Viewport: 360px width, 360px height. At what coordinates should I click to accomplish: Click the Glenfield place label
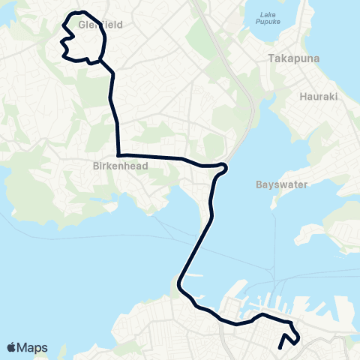[x=100, y=25]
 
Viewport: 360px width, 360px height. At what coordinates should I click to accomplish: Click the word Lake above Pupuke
[x=268, y=15]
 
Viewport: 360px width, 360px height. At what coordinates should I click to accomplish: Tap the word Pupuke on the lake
[x=268, y=23]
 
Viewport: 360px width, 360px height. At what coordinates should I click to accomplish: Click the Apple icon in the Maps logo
[x=12, y=347]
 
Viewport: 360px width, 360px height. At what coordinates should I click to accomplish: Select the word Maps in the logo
[x=33, y=348]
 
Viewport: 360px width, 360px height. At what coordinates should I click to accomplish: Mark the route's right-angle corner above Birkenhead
[x=118, y=155]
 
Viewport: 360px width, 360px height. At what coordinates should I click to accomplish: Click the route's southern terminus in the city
[x=280, y=347]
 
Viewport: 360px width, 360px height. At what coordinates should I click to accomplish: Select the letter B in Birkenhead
[x=96, y=166]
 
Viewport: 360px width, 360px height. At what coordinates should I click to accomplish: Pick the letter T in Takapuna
[x=272, y=57]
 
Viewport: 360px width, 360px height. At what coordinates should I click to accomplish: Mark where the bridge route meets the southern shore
[x=180, y=285]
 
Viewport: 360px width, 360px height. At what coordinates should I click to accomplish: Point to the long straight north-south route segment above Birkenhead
[x=117, y=127]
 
